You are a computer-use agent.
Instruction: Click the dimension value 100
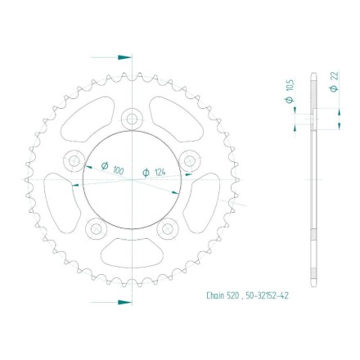point(118,171)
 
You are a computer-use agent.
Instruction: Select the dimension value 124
point(160,172)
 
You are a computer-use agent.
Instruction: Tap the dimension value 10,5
point(290,86)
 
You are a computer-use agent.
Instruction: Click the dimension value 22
point(335,75)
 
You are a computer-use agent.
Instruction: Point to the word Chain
point(215,295)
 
